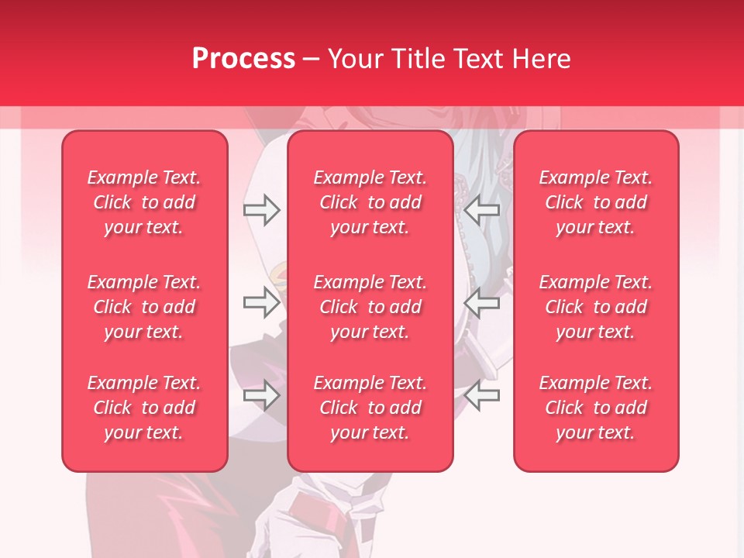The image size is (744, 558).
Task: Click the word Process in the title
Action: [243, 59]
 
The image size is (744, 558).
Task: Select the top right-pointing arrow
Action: [261, 210]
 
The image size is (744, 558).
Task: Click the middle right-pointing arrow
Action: [261, 302]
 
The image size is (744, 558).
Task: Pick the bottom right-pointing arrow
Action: [261, 395]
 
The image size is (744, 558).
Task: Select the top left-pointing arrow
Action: [482, 210]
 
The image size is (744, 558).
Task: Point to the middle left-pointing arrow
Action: [482, 302]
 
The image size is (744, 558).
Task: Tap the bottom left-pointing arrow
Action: [482, 395]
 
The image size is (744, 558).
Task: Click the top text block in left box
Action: [144, 202]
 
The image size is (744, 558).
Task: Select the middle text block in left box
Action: [144, 307]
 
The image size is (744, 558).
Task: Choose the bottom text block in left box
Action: [144, 408]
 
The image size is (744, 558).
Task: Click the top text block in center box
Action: [370, 202]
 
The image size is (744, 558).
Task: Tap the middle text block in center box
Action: [370, 307]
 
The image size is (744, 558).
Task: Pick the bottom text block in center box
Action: [370, 408]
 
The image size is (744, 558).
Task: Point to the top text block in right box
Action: [596, 202]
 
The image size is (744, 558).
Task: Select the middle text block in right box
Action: [596, 307]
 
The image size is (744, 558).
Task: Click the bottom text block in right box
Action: [596, 408]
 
